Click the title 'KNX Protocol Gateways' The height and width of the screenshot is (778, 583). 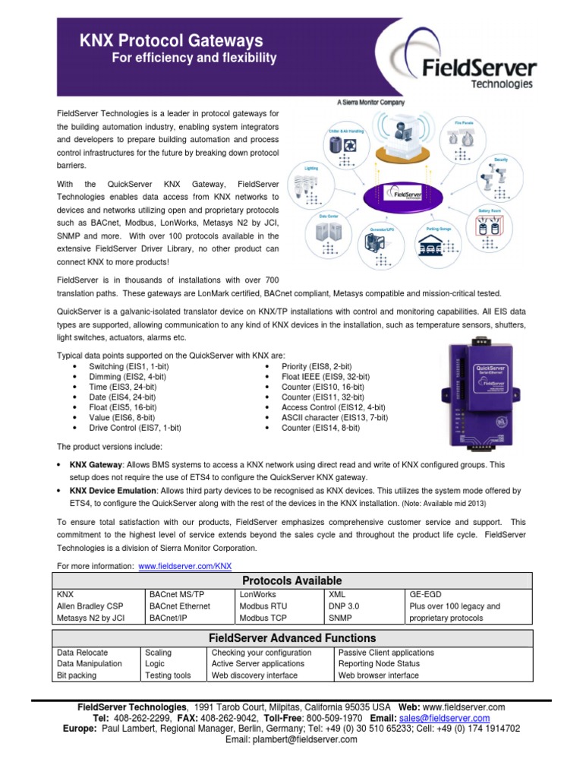point(172,41)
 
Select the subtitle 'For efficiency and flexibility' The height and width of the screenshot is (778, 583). point(194,59)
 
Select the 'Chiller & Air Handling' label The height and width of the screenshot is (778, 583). point(346,131)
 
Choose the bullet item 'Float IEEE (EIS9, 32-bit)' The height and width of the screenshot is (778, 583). point(326,376)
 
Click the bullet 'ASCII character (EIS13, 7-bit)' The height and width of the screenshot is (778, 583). point(334,417)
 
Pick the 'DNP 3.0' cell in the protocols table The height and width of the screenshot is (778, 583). point(343,606)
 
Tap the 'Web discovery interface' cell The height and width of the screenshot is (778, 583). point(254,675)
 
